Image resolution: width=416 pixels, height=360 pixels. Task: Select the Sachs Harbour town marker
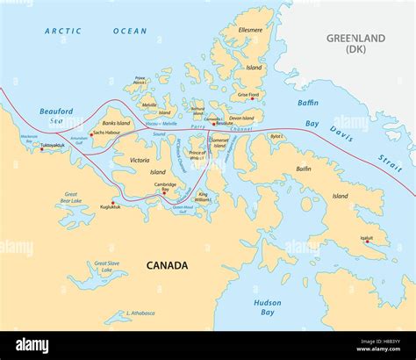[91, 134]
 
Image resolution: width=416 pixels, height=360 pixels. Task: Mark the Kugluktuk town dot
[112, 203]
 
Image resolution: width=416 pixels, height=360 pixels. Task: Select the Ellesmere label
[250, 30]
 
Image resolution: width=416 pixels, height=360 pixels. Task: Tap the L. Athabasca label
[140, 313]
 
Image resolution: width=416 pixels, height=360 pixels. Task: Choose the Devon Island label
[241, 118]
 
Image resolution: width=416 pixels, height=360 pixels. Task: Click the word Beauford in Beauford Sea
[56, 111]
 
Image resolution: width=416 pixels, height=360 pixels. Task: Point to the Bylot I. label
[276, 136]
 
